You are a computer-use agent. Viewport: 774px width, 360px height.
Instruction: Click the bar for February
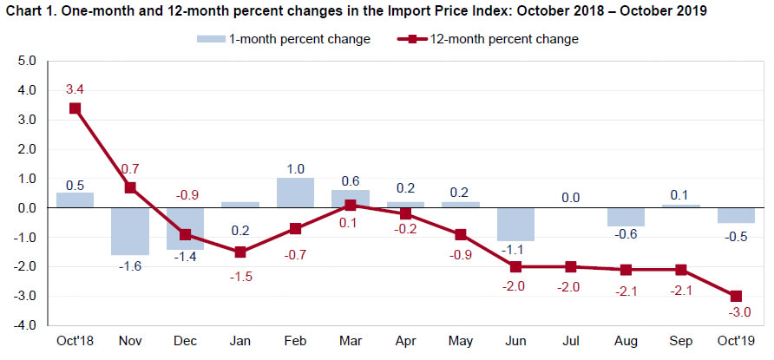[295, 193]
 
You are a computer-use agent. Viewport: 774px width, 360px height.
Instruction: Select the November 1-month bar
[130, 231]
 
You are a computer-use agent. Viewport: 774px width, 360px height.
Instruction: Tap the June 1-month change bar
[515, 224]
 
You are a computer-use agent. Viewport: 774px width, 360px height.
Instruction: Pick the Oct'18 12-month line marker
[75, 108]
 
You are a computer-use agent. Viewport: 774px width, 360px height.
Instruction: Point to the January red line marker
[240, 252]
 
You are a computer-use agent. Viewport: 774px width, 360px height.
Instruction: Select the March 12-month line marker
[351, 206]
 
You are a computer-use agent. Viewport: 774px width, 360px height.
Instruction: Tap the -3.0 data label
[738, 313]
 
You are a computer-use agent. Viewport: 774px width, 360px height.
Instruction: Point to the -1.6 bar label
[130, 266]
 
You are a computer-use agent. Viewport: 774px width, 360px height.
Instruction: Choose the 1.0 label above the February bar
[295, 167]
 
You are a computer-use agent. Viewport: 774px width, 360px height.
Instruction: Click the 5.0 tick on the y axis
[26, 62]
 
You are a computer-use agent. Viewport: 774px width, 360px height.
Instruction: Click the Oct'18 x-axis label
[75, 340]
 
